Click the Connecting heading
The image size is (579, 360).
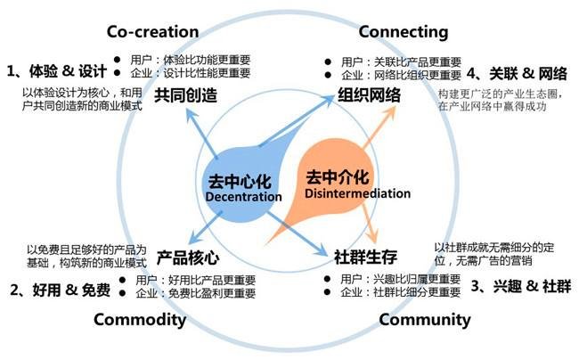[403, 32]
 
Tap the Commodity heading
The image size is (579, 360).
[139, 320]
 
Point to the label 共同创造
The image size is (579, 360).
[186, 95]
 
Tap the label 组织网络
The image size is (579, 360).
[368, 95]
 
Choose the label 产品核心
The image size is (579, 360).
[187, 258]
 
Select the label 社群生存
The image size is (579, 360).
[365, 258]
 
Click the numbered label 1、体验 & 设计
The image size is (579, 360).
[53, 70]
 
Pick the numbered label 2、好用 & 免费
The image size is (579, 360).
[60, 290]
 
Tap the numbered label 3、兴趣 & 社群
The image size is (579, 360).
[520, 286]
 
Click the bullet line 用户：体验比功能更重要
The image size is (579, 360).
[190, 60]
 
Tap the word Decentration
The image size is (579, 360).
[237, 196]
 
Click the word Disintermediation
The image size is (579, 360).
[357, 192]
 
